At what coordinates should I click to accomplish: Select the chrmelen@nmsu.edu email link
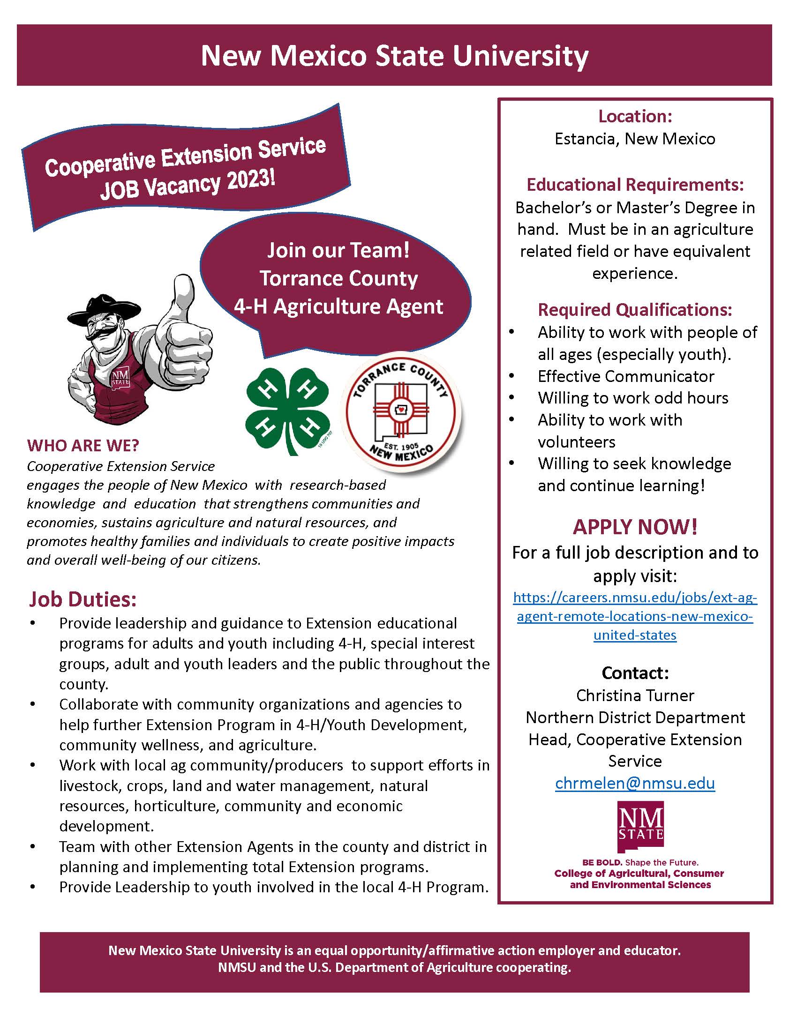click(635, 783)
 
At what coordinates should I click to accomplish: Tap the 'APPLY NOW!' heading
click(635, 527)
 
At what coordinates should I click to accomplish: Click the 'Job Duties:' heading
click(83, 599)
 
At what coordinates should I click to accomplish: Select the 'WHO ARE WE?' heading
click(83, 445)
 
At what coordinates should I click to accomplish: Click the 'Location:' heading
click(635, 116)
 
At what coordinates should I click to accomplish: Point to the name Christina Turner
click(635, 695)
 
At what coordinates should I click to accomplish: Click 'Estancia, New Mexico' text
click(635, 139)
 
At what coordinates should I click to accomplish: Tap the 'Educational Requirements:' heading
click(635, 185)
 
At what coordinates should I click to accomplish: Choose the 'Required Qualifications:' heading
click(635, 310)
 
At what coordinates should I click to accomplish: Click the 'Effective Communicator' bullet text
click(625, 376)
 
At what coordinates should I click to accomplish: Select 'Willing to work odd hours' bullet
click(633, 398)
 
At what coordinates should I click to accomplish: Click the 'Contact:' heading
click(635, 672)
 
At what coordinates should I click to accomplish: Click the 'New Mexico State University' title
click(394, 56)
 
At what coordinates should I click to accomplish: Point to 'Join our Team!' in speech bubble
click(338, 250)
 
